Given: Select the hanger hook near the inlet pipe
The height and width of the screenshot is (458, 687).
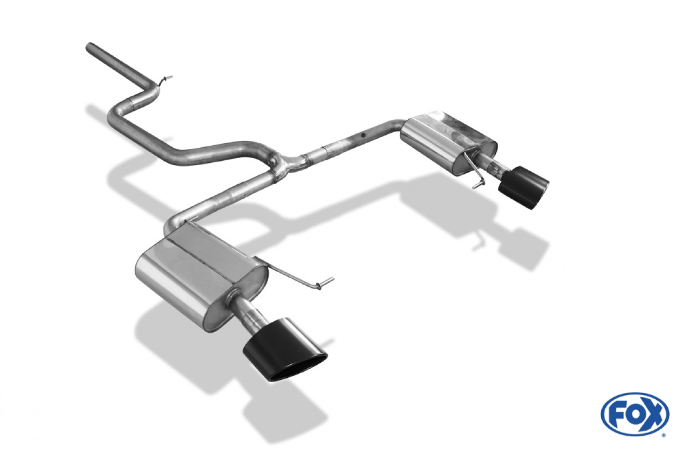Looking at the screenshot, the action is pyautogui.click(x=165, y=80).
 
